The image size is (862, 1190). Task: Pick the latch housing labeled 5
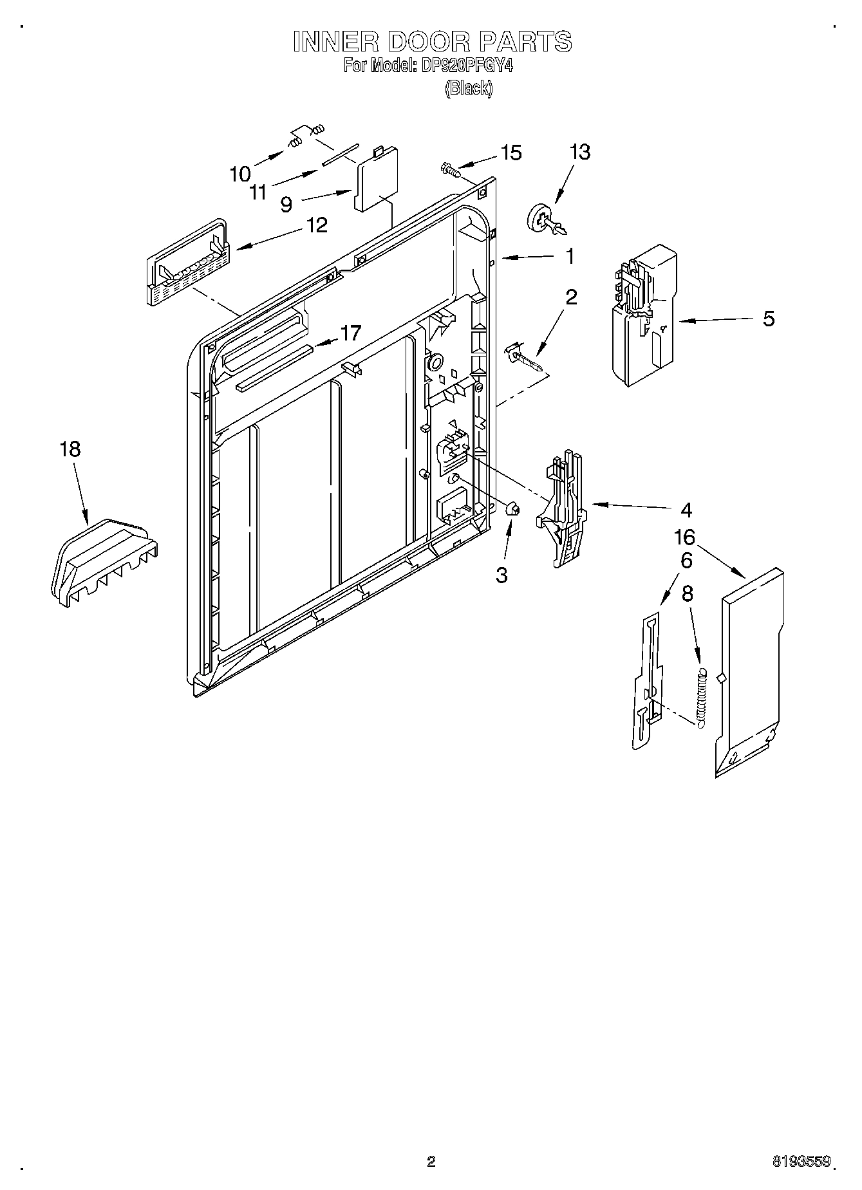click(644, 315)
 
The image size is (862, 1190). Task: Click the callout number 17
click(351, 333)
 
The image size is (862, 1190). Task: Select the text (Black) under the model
click(469, 89)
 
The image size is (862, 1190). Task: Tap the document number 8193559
click(801, 1162)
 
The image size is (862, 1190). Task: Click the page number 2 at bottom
click(431, 1162)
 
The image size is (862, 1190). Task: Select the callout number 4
click(686, 510)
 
